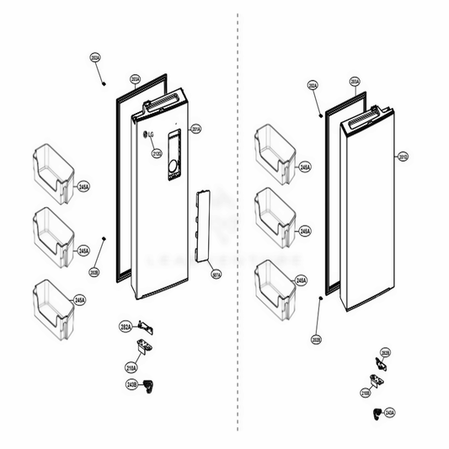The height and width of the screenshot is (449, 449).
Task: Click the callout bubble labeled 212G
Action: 156,153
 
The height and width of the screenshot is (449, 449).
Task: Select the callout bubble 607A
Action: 216,274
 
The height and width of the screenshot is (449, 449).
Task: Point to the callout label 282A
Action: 124,325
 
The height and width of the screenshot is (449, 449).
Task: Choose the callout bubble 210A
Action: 131,367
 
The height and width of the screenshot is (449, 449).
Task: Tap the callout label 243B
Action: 131,385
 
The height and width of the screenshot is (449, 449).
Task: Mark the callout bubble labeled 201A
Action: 195,129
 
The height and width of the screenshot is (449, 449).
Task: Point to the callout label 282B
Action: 385,353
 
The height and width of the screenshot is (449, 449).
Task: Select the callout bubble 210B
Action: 365,393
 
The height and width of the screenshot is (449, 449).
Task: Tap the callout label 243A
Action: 389,413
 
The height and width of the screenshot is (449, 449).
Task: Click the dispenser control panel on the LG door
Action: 174,156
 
